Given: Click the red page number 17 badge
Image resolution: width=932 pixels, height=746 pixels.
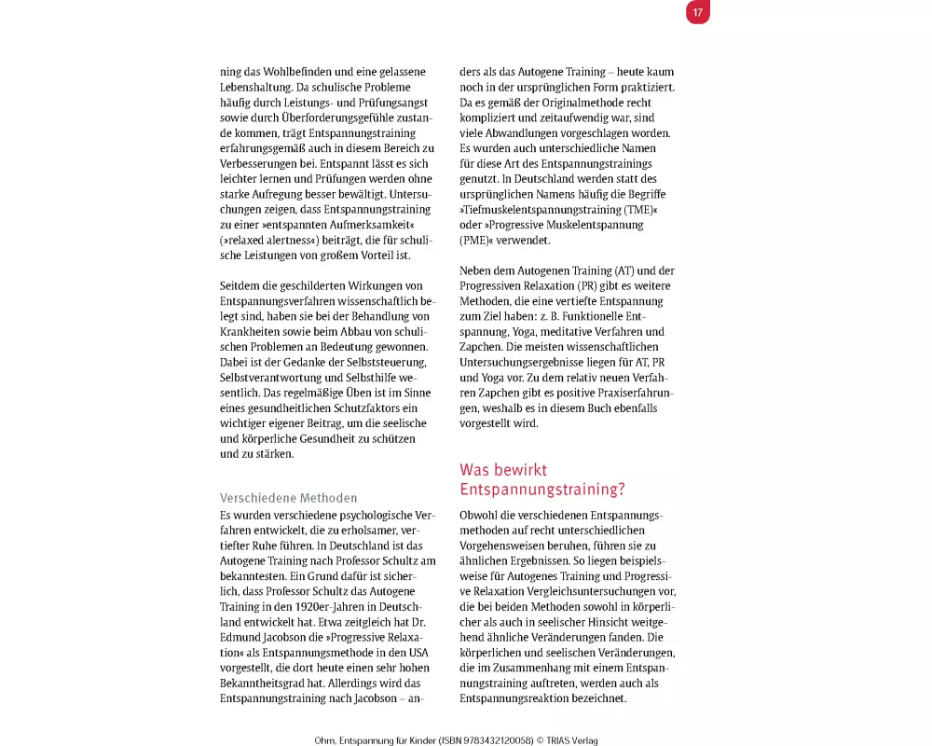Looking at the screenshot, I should click(697, 12).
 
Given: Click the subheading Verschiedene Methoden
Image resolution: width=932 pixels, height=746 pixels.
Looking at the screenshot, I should click(288, 498).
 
